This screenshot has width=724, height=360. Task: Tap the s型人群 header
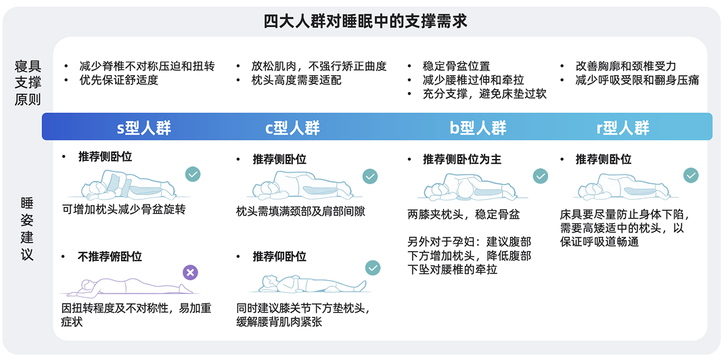144,128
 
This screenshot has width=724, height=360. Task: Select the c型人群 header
292,128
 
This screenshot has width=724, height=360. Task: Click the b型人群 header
478,128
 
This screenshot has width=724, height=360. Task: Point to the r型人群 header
623,128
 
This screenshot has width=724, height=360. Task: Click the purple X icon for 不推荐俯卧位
191,273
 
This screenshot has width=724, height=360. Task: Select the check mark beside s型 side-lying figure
193,174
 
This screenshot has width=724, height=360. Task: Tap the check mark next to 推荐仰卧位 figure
372,268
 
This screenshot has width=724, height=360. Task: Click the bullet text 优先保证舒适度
118,81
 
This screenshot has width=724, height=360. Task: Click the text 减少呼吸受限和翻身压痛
637,81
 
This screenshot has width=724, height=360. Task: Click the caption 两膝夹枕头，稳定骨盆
463,215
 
